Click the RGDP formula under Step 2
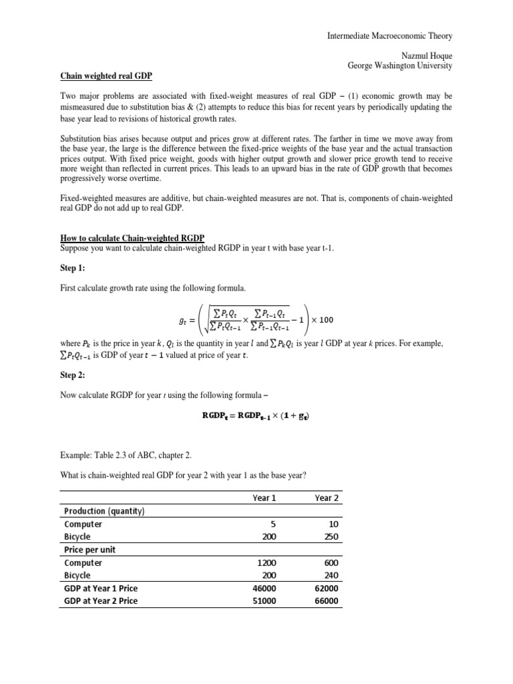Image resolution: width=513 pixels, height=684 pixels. point(256,415)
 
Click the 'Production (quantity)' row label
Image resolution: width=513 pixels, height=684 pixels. point(105,512)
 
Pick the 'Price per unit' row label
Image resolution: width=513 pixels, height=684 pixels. point(91,550)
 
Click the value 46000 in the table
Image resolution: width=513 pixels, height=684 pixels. point(265,588)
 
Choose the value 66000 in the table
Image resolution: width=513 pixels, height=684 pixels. point(326,601)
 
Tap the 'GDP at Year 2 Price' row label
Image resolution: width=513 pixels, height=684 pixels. point(101,601)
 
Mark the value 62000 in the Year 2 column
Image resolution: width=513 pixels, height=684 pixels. point(326,588)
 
